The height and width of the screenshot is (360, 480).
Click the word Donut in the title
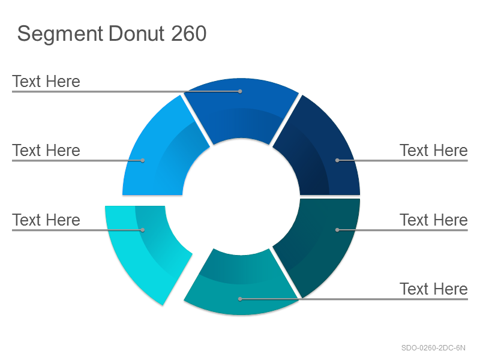coord(136,34)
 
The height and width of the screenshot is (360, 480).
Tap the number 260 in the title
coord(188,34)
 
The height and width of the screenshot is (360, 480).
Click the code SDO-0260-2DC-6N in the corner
coord(433,348)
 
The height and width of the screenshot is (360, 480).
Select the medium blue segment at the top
coord(241,107)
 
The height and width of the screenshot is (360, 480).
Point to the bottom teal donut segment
coord(241,284)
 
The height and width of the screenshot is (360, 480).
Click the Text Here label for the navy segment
coord(433,151)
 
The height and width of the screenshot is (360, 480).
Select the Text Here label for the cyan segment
coord(46,220)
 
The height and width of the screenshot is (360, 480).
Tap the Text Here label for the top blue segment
coord(46,81)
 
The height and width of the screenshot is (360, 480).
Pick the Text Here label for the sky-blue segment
coord(46,151)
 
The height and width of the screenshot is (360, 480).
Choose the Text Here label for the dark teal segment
coord(433,220)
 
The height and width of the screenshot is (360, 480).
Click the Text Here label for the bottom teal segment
coord(433,289)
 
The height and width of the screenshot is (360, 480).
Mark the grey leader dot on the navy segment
coord(337,160)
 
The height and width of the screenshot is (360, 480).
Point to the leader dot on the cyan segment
coord(143,230)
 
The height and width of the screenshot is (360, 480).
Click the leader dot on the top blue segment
coord(240,91)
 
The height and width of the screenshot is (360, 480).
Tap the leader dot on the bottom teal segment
coord(240,299)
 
